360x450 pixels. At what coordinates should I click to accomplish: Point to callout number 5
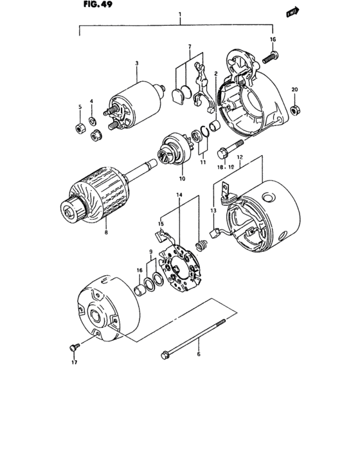80,107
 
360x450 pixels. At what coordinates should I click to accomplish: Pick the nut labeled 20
294,111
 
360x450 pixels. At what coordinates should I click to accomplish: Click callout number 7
189,47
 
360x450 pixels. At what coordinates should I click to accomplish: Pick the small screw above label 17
73,348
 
